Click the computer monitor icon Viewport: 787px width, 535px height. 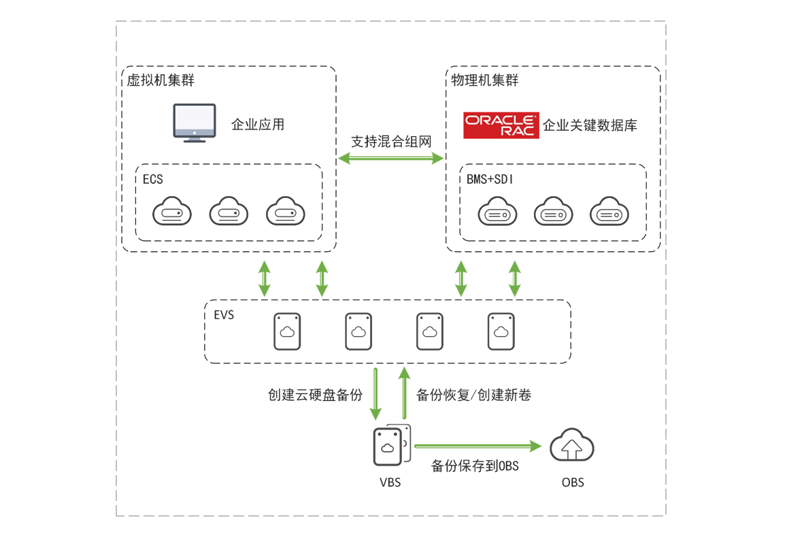tap(194, 123)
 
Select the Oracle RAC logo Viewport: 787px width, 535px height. tap(501, 125)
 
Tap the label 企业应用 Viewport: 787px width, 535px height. tap(258, 125)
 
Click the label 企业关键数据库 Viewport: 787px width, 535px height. tap(590, 126)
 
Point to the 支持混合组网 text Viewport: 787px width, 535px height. tap(391, 142)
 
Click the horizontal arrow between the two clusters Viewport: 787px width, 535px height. tap(391, 158)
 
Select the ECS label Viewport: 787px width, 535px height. tap(153, 179)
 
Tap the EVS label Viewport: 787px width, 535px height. tap(224, 315)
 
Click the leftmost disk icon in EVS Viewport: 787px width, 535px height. tap(287, 331)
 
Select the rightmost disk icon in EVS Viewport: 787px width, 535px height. tap(501, 331)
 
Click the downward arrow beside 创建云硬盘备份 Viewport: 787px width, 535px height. tap(375, 394)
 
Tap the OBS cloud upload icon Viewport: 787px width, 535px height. tap(572, 447)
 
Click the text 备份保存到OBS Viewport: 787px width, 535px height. tap(475, 466)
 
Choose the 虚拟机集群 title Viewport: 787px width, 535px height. tap(161, 80)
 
